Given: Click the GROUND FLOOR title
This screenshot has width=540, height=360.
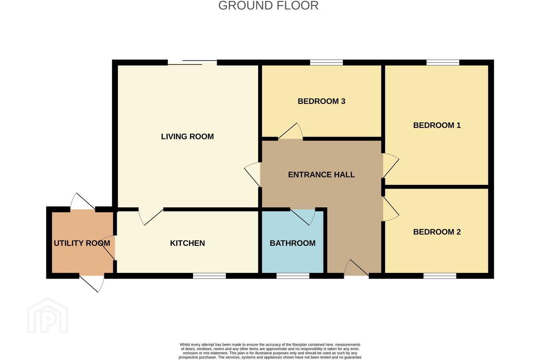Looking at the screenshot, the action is (268, 6).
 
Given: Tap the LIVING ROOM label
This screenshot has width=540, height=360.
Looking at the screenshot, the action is (187, 136).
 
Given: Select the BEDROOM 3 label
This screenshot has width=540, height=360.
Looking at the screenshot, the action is (321, 101).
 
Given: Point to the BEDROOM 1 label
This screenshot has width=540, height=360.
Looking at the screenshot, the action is (437, 125).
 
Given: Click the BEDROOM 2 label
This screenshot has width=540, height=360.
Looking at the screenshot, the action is (437, 232).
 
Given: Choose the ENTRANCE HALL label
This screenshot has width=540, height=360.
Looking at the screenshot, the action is (321, 175).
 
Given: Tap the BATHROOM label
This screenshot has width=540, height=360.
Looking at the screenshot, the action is (292, 243).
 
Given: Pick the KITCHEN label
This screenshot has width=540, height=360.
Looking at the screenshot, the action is (187, 243).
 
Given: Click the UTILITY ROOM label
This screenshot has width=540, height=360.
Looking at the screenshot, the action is (82, 243).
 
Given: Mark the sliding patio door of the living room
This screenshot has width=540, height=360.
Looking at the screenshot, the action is (192, 63).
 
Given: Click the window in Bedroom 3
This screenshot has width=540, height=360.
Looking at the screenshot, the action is (326, 63).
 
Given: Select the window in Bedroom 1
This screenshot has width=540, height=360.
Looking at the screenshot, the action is (443, 63).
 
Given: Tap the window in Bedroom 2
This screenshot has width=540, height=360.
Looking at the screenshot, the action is (440, 276).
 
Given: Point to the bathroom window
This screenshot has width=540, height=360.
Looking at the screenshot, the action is (292, 276).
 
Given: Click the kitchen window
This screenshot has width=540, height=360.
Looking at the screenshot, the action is (209, 276).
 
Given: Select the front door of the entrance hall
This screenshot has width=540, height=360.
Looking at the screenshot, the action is (356, 268).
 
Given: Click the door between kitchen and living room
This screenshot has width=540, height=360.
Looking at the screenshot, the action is (151, 216).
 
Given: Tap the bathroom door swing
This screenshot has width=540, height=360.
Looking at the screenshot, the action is (303, 216).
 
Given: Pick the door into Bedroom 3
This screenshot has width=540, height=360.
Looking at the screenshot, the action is (291, 131).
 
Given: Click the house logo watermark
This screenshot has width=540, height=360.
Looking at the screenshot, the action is (48, 315).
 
